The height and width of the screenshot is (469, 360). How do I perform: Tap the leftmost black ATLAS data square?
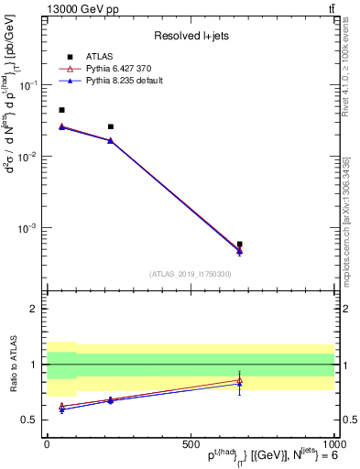click(x=61, y=110)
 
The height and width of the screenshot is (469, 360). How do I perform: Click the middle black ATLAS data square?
click(x=111, y=126)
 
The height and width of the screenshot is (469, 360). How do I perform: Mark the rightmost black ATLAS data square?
click(x=239, y=245)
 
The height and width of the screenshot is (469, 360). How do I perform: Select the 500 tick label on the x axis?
click(x=191, y=443)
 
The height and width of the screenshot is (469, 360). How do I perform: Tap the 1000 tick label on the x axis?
click(x=333, y=443)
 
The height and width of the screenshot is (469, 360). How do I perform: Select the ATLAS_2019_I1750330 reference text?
click(x=191, y=274)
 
